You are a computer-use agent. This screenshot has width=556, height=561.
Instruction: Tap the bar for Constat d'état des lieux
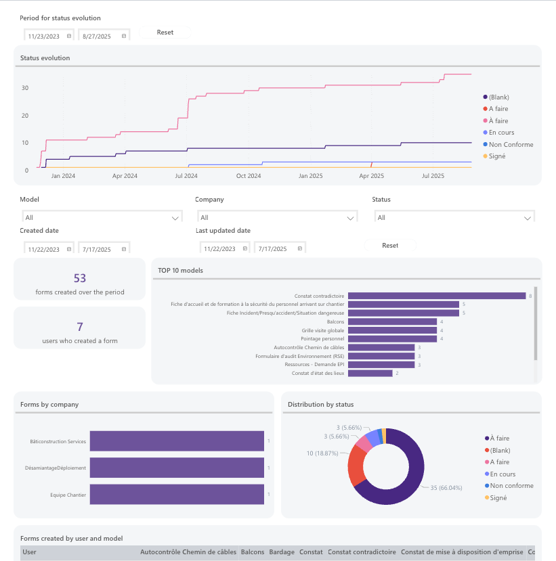(x=372, y=373)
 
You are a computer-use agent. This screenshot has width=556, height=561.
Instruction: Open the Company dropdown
(x=276, y=218)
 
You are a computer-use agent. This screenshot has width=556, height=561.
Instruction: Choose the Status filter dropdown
(x=454, y=218)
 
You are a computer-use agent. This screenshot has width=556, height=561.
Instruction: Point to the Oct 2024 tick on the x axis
(x=249, y=176)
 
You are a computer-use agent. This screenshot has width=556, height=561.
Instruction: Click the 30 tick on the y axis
(x=24, y=88)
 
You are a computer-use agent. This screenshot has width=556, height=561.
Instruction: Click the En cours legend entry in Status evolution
(x=501, y=133)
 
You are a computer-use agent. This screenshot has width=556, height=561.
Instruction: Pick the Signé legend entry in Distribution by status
(x=498, y=498)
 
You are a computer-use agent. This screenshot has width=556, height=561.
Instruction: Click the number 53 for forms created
(x=80, y=278)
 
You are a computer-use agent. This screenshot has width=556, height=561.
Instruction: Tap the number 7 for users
(x=80, y=327)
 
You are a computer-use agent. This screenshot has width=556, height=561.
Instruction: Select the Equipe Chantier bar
(x=177, y=494)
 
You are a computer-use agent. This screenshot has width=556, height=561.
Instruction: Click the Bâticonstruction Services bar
(x=177, y=441)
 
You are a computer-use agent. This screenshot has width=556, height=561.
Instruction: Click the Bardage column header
(x=282, y=552)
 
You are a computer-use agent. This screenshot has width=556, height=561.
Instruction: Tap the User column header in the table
(x=30, y=552)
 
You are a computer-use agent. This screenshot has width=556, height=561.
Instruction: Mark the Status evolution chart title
(x=45, y=58)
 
